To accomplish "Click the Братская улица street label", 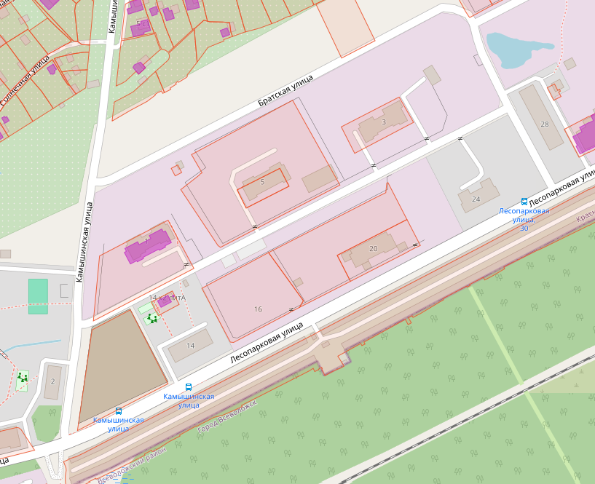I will pyautogui.click(x=285, y=91).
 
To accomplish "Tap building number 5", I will pyautogui.click(x=262, y=181).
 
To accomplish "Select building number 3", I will pyautogui.click(x=384, y=122).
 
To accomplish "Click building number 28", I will pyautogui.click(x=544, y=124).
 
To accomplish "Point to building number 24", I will pyautogui.click(x=476, y=199).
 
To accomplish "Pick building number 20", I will pyautogui.click(x=374, y=248).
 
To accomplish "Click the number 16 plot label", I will pyautogui.click(x=258, y=309).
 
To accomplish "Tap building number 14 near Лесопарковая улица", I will pyautogui.click(x=191, y=345).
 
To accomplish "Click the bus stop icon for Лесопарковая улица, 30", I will pyautogui.click(x=524, y=201).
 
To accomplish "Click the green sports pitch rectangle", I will pyautogui.click(x=38, y=296).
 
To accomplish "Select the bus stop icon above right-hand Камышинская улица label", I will pyautogui.click(x=189, y=387).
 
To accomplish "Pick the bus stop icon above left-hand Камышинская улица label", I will pyautogui.click(x=119, y=411).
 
